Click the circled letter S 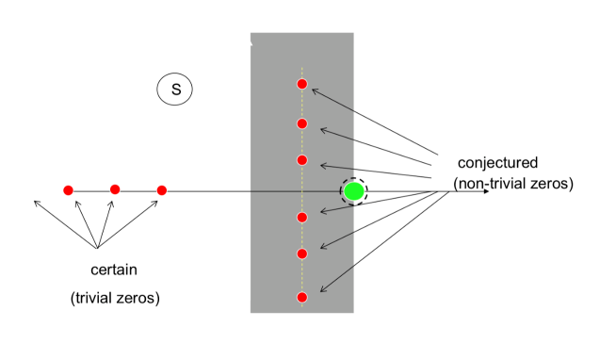tap(175, 90)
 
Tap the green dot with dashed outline tap(354, 191)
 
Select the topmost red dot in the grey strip tap(302, 84)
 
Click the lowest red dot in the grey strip tap(302, 298)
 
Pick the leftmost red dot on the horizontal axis tap(68, 190)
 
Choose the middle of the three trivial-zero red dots tap(115, 189)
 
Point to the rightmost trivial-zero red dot tap(162, 190)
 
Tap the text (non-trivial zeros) tap(512, 184)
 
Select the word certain tap(114, 270)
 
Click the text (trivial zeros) tap(115, 298)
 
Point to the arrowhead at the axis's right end tap(485, 191)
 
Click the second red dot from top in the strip tap(302, 123)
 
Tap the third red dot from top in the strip tap(302, 160)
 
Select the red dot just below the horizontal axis tap(302, 218)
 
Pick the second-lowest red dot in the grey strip tap(302, 254)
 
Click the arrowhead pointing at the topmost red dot tap(314, 90)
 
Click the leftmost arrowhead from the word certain tap(36, 202)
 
